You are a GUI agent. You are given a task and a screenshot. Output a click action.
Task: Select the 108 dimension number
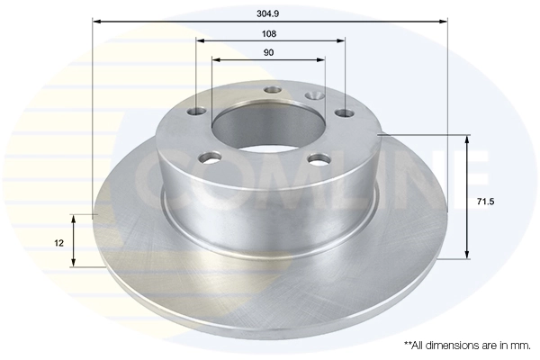click(x=269, y=32)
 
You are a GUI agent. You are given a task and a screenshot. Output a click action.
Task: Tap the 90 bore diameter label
click(x=268, y=52)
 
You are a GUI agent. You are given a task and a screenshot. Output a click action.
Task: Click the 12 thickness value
click(x=58, y=243)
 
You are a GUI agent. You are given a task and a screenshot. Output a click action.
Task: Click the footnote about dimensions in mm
click(x=467, y=345)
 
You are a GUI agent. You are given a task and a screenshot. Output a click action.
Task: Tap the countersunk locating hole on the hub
click(x=314, y=94)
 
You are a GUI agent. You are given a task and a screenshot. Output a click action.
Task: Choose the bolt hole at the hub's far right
click(x=343, y=112)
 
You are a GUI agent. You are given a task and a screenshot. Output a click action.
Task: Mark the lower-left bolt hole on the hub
click(x=212, y=157)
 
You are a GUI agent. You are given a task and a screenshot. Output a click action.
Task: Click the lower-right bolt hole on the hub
click(x=317, y=159)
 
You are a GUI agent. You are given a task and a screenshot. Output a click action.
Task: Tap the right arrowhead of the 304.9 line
click(x=443, y=20)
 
